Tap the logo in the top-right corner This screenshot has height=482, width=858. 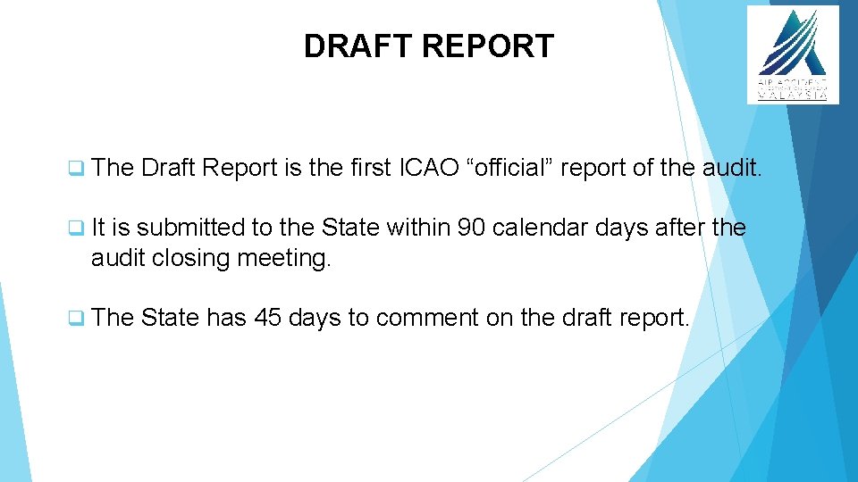click(x=793, y=54)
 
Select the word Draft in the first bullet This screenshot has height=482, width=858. click(x=169, y=167)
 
